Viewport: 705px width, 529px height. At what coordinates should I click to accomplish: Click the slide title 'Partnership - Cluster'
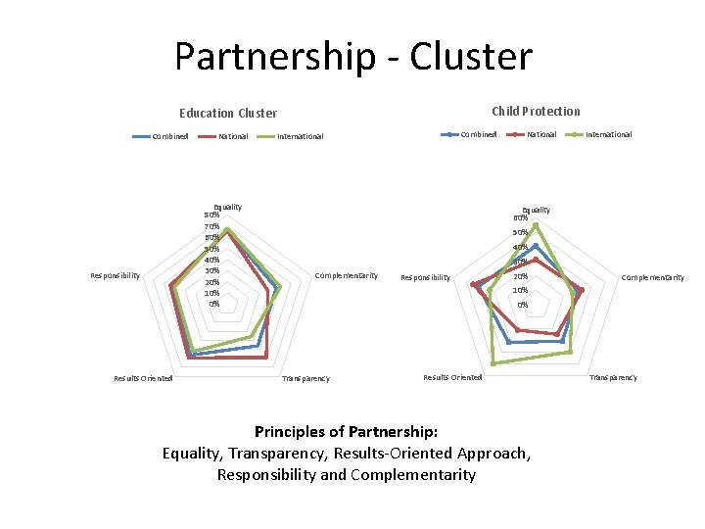[353, 57]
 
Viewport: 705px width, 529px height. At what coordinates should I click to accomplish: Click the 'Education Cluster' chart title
[227, 114]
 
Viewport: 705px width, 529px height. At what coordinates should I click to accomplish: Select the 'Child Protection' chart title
[536, 112]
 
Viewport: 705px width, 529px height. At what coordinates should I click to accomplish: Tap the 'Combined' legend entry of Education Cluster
[169, 136]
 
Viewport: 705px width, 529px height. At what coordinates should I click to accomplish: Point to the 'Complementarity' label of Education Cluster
[346, 276]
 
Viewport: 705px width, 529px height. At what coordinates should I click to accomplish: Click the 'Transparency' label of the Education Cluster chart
[305, 378]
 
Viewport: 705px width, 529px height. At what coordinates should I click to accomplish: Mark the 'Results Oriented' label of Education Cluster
[143, 377]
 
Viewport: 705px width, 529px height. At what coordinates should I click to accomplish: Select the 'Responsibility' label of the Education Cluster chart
[115, 276]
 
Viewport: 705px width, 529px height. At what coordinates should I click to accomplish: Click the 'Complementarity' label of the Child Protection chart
[653, 278]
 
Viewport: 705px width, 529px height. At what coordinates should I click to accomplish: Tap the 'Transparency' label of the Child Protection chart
[612, 377]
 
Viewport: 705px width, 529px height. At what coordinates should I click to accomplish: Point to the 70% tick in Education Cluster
[211, 226]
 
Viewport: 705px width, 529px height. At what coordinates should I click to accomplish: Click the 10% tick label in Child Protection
[521, 290]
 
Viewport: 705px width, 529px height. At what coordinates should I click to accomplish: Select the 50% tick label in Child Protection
[521, 232]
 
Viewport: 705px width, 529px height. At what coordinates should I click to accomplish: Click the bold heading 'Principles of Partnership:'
[346, 431]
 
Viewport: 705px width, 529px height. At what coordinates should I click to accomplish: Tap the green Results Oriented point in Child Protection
[493, 363]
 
